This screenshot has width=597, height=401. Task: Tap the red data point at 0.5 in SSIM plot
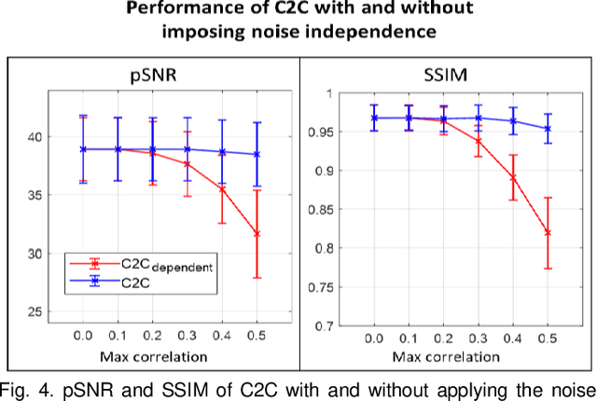[x=548, y=232]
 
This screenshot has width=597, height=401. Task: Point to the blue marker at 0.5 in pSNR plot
[x=257, y=154]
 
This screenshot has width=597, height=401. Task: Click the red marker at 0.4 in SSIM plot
[x=513, y=177]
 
